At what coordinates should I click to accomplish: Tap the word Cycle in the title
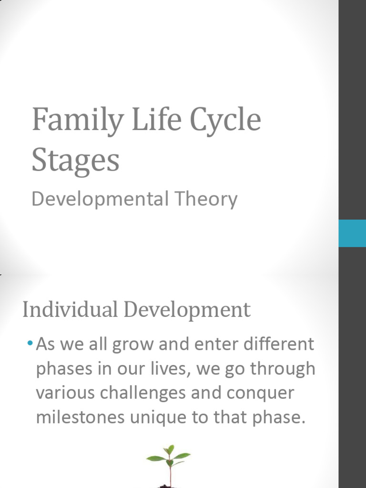click(x=225, y=121)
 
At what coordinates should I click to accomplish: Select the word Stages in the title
click(x=75, y=162)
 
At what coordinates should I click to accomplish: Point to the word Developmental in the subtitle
click(x=98, y=199)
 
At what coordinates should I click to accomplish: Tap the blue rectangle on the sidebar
click(x=352, y=233)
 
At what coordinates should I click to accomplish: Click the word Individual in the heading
click(x=71, y=310)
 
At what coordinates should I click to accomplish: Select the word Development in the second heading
click(x=187, y=311)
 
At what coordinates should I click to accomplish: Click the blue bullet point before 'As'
click(x=30, y=344)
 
